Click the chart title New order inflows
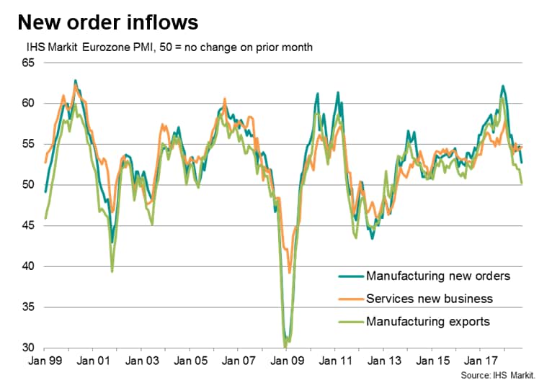pyautogui.click(x=108, y=22)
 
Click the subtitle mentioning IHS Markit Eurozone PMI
pyautogui.click(x=169, y=47)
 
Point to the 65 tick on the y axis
pyautogui.click(x=29, y=63)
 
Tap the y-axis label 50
pyautogui.click(x=29, y=185)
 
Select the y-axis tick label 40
pyautogui.click(x=29, y=266)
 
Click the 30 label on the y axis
pyautogui.click(x=29, y=348)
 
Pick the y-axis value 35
pyautogui.click(x=29, y=307)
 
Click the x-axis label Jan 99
pyautogui.click(x=45, y=361)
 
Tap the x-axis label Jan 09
pyautogui.click(x=288, y=361)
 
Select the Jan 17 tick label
pyautogui.click(x=481, y=361)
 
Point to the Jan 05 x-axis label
pyautogui.click(x=190, y=361)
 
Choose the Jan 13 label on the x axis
pyautogui.click(x=384, y=361)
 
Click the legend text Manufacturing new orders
pyautogui.click(x=438, y=276)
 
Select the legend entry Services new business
pyautogui.click(x=429, y=299)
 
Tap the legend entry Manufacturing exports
pyautogui.click(x=428, y=322)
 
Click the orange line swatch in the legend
pyautogui.click(x=351, y=299)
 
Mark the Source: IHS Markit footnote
pyautogui.click(x=498, y=375)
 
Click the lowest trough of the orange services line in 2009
pyautogui.click(x=290, y=273)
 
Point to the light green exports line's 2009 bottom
pyautogui.click(x=285, y=347)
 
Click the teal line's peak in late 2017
pyautogui.click(x=503, y=86)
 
